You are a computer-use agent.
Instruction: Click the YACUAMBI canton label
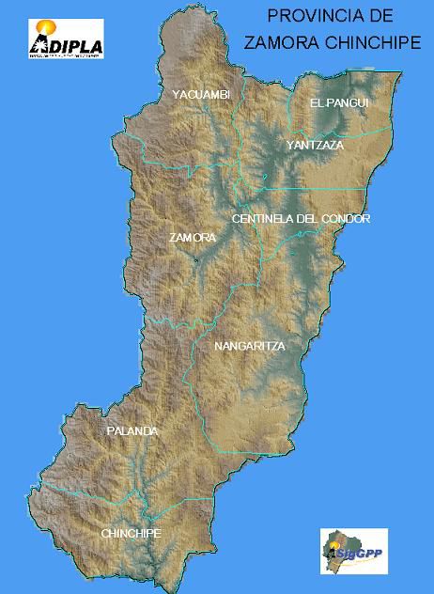(x=200, y=94)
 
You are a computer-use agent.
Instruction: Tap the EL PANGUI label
(x=339, y=102)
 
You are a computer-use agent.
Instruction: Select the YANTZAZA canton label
(x=316, y=146)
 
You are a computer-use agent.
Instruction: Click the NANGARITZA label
(x=249, y=347)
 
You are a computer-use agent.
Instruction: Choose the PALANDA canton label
(x=132, y=431)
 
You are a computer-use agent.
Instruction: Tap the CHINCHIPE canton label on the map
(x=132, y=534)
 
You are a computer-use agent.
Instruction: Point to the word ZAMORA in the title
(x=273, y=42)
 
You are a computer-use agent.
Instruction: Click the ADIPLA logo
(x=66, y=39)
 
